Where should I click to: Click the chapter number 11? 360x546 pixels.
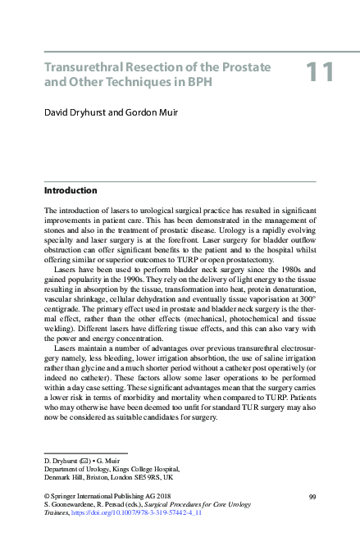tap(320, 72)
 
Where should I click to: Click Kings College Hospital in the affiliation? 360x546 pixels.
tap(140, 468)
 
